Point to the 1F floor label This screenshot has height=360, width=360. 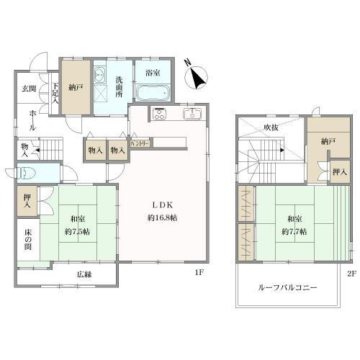click(x=199, y=273)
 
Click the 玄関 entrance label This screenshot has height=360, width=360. click(x=28, y=88)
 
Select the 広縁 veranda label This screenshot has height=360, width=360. click(x=85, y=274)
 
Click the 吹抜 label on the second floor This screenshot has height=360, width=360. click(x=270, y=127)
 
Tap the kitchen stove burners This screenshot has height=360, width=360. click(x=159, y=112)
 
